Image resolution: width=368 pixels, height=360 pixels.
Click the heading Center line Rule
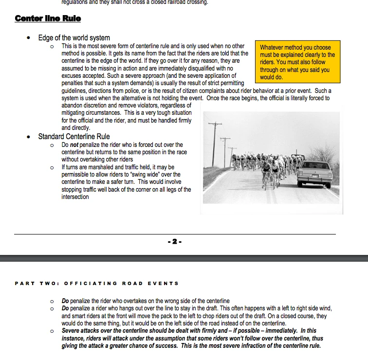point(48,18)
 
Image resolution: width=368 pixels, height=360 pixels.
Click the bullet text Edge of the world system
point(74,37)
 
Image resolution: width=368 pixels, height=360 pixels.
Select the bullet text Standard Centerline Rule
point(74,136)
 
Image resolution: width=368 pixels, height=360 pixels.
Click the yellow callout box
point(296,62)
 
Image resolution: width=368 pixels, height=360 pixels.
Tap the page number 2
point(175,241)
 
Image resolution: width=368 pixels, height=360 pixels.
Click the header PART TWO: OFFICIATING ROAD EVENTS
point(97,283)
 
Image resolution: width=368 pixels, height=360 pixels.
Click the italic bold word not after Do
point(74,144)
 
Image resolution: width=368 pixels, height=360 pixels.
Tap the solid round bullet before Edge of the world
point(31,38)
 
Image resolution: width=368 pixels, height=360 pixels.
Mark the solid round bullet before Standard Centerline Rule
point(31,137)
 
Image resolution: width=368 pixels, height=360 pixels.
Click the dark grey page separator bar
point(184,258)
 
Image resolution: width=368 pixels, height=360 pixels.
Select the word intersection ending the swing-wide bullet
point(75,197)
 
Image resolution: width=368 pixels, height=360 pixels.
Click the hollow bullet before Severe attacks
point(52,331)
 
